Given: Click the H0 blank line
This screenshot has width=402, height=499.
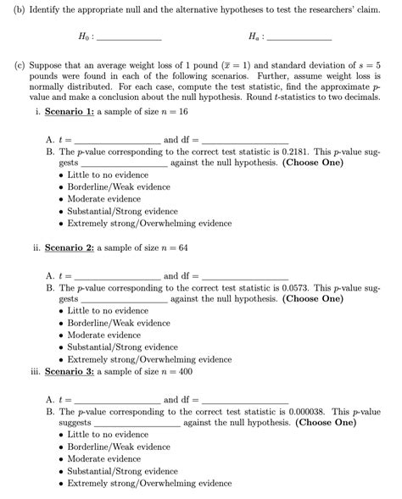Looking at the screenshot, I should click(x=129, y=39).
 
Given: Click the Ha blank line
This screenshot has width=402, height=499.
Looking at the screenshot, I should click(x=299, y=39).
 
